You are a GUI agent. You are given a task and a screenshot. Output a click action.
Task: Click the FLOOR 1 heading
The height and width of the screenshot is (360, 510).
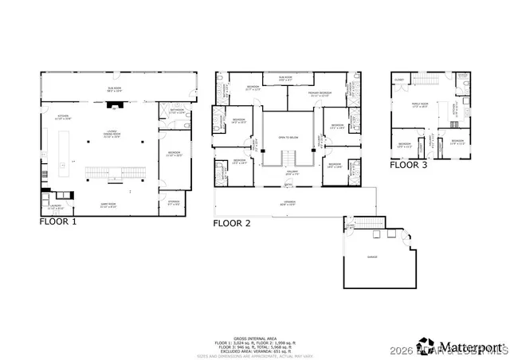click(58, 223)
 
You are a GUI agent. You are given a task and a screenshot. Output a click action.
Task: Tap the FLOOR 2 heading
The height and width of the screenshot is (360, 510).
click(232, 223)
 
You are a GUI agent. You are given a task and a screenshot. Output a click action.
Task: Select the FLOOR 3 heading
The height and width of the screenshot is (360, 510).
click(408, 166)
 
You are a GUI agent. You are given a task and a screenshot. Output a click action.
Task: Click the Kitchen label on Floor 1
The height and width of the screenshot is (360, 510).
click(64, 117)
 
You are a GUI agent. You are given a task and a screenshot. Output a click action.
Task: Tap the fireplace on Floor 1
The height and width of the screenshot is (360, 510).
click(116, 104)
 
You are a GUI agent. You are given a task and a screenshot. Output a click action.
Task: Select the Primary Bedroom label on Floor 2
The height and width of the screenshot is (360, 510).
click(303, 94)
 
